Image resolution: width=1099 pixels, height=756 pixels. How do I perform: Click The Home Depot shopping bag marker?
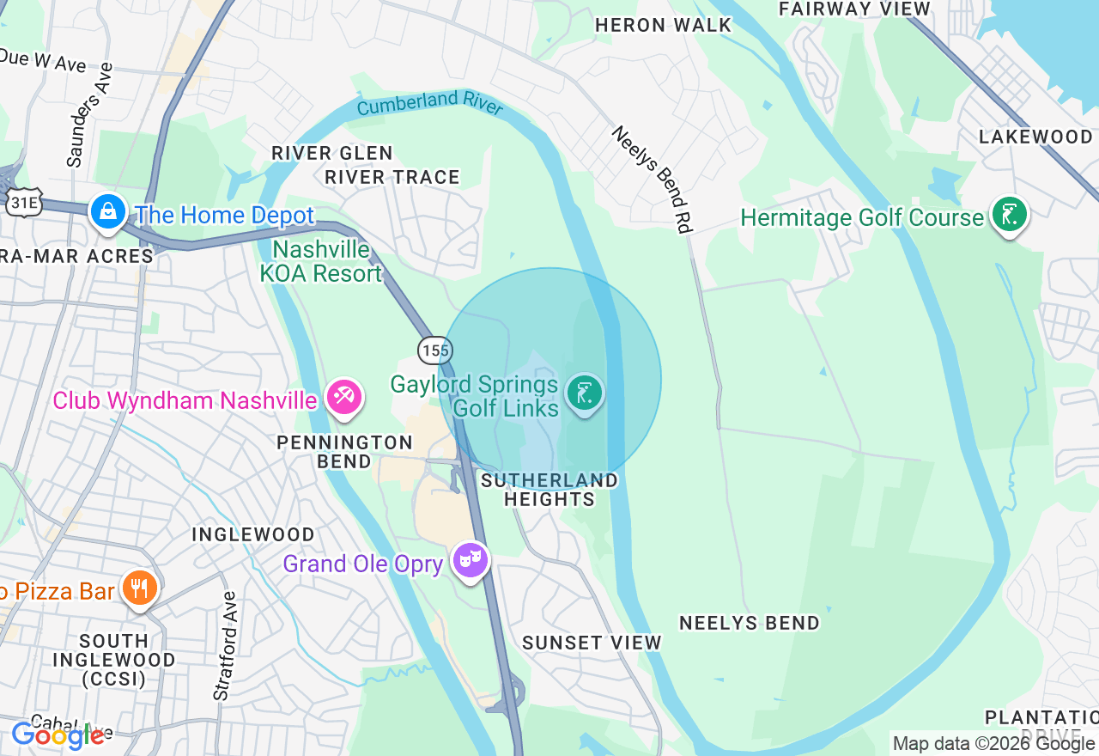(x=108, y=212)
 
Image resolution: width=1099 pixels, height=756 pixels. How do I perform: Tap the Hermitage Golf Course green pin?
(x=1009, y=215)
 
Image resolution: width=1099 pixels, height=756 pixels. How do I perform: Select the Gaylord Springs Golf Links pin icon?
(x=585, y=394)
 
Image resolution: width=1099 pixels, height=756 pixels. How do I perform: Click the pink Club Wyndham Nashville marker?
(x=344, y=398)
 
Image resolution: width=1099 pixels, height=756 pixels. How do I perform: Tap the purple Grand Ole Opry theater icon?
(x=470, y=561)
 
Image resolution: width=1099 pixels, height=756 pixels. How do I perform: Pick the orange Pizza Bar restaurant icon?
(x=139, y=588)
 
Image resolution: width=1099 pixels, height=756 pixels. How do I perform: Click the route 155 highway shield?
(x=435, y=350)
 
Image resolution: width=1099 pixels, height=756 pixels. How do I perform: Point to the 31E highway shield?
(x=23, y=202)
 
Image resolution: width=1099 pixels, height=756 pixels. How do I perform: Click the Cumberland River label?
(x=429, y=104)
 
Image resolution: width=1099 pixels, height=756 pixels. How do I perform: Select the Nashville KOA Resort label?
(x=321, y=262)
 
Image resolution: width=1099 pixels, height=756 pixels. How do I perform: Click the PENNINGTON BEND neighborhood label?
(x=344, y=452)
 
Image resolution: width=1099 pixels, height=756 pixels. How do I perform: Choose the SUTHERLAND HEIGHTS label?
(x=549, y=490)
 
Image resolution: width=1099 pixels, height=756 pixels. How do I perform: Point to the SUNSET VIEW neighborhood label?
(x=592, y=643)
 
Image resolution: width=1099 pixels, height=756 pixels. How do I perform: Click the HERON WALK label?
(x=663, y=25)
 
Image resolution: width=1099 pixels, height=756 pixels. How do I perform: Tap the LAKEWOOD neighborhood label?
(x=1035, y=137)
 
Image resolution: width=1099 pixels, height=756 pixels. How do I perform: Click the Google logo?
(x=58, y=735)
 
